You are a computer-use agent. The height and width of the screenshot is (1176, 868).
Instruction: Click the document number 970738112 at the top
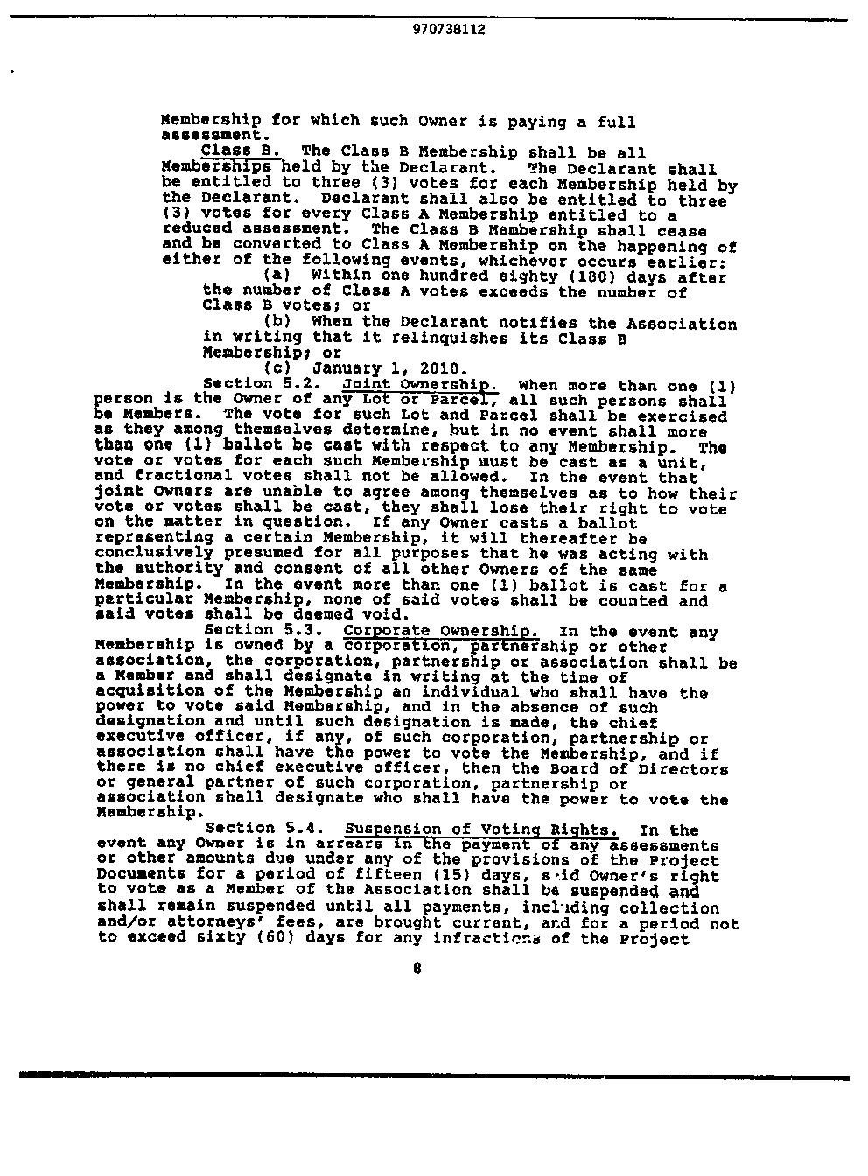click(x=448, y=29)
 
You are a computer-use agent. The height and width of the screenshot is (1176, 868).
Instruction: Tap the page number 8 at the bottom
click(x=416, y=969)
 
